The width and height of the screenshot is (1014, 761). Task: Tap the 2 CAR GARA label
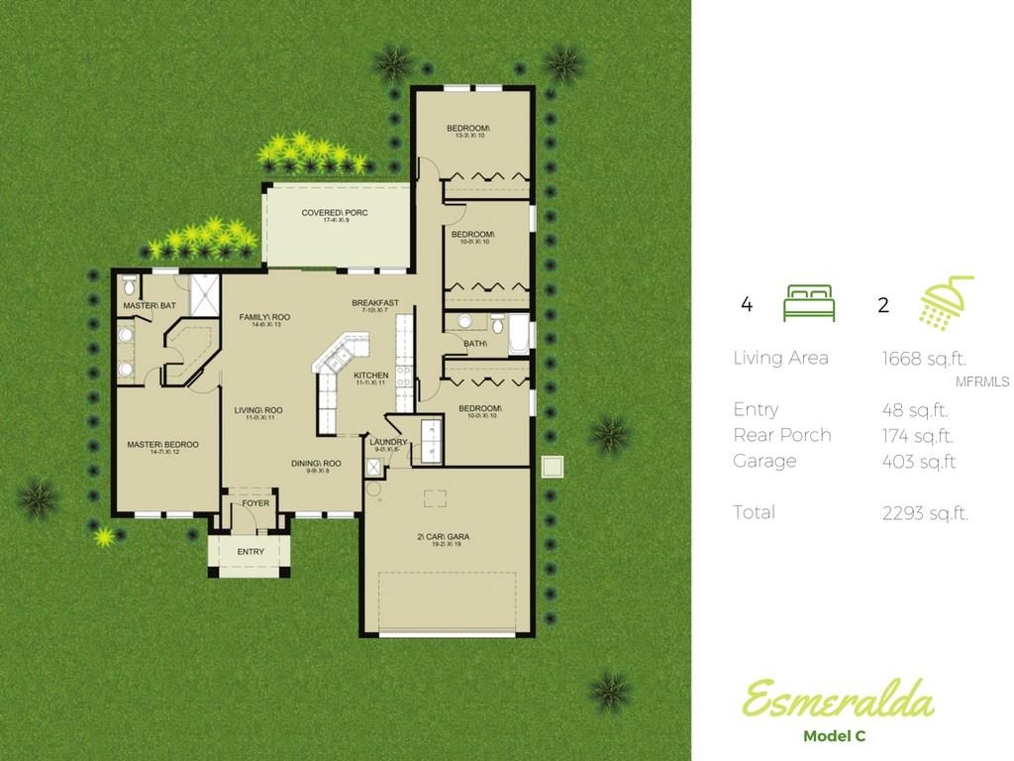click(x=443, y=537)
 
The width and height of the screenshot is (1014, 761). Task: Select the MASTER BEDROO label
click(x=162, y=445)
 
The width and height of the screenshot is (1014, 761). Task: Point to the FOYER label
click(x=255, y=503)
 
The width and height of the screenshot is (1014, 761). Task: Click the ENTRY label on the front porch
click(x=251, y=552)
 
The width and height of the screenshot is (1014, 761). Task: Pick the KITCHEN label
click(x=370, y=376)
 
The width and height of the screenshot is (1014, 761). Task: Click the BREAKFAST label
click(x=375, y=303)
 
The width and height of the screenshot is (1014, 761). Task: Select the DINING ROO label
click(x=316, y=464)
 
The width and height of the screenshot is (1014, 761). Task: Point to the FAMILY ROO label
click(x=264, y=317)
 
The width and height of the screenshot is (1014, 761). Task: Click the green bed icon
click(x=809, y=303)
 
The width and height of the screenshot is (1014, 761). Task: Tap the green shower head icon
click(x=947, y=302)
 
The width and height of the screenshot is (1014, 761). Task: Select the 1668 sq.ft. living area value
click(x=924, y=359)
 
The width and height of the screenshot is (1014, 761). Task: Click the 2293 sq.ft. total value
click(x=925, y=513)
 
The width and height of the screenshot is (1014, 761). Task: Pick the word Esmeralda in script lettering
click(x=837, y=701)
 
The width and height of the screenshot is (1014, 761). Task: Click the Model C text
click(x=837, y=735)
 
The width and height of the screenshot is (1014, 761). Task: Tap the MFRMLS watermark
click(x=981, y=381)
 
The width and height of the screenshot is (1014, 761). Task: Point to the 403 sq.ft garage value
click(x=918, y=462)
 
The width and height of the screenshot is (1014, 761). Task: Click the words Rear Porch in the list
click(x=781, y=435)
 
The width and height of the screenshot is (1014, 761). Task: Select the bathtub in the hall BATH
click(x=519, y=334)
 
